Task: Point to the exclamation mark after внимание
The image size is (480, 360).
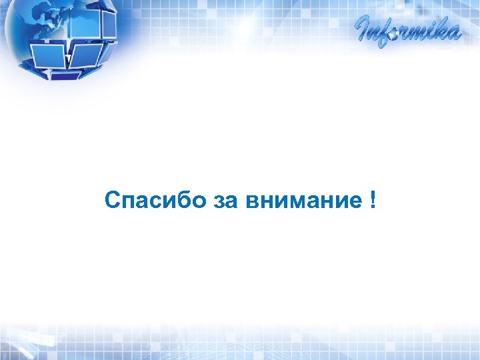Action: [371, 199]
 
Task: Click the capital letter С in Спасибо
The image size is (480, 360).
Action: [112, 200]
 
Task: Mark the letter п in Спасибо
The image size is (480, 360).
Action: [127, 201]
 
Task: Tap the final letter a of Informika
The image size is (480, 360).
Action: [453, 33]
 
